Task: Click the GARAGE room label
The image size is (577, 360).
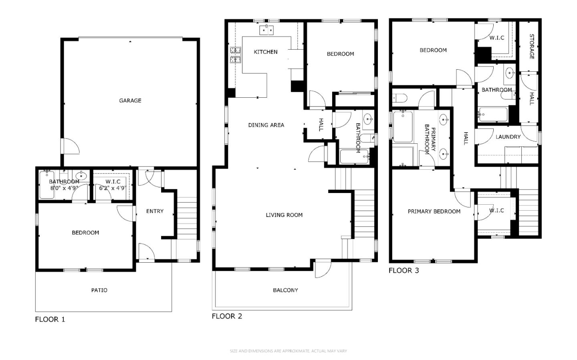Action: tap(130, 101)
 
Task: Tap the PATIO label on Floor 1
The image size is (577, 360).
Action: tap(99, 290)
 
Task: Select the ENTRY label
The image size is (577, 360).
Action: tap(155, 211)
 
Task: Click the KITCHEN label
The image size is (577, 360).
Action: tap(265, 52)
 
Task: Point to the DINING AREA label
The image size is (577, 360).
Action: tap(266, 125)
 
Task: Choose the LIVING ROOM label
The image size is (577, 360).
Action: tap(284, 215)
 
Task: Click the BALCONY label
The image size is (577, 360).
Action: tap(285, 290)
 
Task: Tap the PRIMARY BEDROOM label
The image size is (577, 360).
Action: tap(434, 211)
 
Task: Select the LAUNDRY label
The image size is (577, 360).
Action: tap(508, 137)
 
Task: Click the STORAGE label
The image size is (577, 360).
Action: tap(532, 46)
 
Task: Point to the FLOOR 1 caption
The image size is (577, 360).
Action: tap(50, 319)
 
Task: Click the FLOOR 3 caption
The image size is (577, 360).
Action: tap(403, 271)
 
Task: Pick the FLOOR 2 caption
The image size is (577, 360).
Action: tap(227, 316)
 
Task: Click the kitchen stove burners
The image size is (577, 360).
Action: tap(235, 55)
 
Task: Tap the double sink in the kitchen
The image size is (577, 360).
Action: tap(266, 30)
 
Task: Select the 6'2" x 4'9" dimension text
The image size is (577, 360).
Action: tap(113, 188)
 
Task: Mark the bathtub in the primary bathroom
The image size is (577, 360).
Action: tap(403, 127)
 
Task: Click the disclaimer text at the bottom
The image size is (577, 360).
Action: tap(288, 351)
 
